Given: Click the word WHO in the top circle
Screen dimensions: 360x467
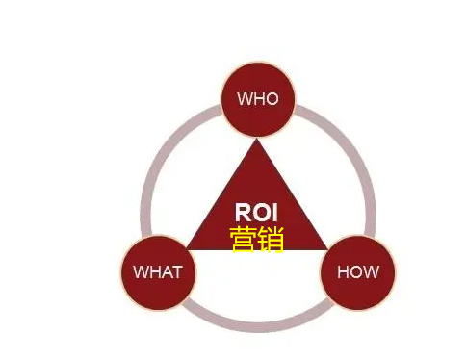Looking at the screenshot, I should pos(257,98).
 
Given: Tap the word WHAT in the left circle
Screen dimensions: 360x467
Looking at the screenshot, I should pos(157,271).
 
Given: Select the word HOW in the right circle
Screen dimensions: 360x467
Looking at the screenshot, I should pos(357,271).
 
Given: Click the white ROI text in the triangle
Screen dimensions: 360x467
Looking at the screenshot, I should pos(256,212).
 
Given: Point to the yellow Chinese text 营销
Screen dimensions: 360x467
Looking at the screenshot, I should pos(257,239).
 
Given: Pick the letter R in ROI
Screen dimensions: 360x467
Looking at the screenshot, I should pos(243,212).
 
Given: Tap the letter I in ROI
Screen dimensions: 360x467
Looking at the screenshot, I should pos(274,212).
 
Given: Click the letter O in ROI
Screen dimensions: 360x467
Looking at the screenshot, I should pos(260,212).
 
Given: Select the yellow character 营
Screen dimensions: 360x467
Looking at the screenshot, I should pos(244,239).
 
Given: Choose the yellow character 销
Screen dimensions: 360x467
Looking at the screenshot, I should pos(271,239).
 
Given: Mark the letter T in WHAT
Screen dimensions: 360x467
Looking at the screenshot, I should pos(176,271).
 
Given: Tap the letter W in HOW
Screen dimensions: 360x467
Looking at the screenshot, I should pos(371,271).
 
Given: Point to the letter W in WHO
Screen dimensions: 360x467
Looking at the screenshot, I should pos(244,98).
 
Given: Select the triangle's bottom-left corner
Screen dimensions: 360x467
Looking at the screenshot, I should pos(190,248).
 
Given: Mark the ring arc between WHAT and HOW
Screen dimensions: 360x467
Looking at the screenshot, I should pos(257,326).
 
